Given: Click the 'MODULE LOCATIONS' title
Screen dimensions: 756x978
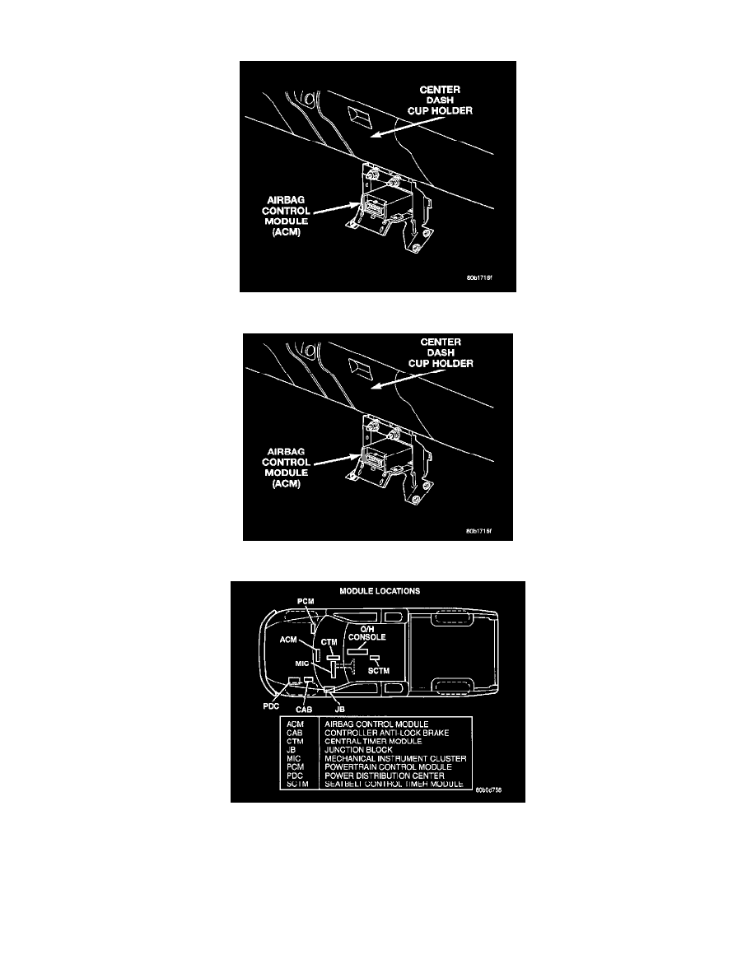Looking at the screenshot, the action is (380, 590).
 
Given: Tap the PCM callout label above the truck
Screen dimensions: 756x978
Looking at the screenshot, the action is (306, 601).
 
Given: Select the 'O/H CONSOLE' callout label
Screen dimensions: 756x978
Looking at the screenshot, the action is (366, 633).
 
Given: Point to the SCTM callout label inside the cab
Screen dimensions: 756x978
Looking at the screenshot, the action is (379, 670).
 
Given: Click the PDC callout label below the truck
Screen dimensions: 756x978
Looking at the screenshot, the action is (271, 706).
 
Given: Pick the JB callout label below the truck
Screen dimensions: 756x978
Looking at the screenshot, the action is (340, 709).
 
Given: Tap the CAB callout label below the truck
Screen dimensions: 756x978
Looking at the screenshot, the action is (304, 709).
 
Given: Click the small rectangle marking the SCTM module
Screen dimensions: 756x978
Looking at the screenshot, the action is (375, 658).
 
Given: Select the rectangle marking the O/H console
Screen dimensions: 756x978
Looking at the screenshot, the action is (358, 650).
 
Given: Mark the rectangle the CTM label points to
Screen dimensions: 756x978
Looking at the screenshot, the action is (333, 657).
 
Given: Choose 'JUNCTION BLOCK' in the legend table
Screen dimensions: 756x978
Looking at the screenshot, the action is (359, 750).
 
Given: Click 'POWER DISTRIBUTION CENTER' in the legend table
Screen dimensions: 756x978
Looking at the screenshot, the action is (385, 775).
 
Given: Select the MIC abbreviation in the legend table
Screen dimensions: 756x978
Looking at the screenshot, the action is (294, 758).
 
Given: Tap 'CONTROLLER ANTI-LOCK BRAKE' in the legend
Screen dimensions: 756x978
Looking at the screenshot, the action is (387, 733).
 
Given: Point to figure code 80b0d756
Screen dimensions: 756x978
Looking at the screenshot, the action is (488, 790).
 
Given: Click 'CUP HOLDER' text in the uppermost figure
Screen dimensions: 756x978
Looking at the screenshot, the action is (441, 110).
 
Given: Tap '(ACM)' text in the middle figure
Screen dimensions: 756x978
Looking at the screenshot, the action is (287, 483).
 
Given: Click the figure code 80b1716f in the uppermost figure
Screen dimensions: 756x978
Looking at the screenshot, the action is (479, 278).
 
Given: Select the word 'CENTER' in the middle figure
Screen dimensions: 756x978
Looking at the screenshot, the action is (441, 342).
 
